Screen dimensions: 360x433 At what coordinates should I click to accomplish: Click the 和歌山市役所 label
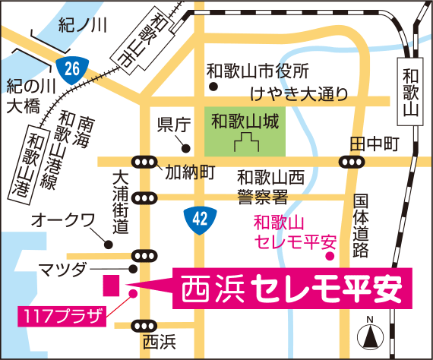pyautogui.click(x=259, y=71)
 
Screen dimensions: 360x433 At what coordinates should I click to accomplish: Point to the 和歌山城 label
pyautogui.click(x=243, y=119)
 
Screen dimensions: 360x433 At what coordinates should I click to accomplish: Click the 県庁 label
pyautogui.click(x=171, y=125)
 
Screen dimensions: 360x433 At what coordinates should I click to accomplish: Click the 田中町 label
pyautogui.click(x=374, y=143)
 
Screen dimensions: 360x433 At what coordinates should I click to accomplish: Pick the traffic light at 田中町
pyautogui.click(x=350, y=161)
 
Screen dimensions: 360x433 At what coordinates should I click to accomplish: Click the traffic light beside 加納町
pyautogui.click(x=144, y=161)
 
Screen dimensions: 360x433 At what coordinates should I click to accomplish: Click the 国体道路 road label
pyautogui.click(x=361, y=225)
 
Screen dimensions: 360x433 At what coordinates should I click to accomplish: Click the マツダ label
pyautogui.click(x=67, y=270)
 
